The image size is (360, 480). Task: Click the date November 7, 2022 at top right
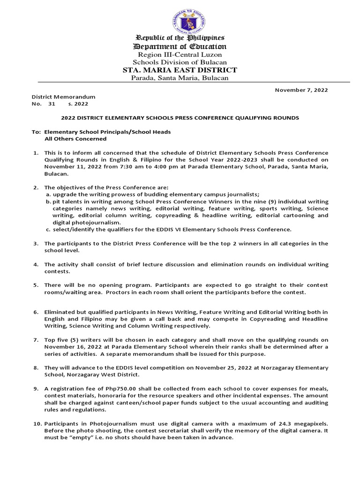click(x=301, y=90)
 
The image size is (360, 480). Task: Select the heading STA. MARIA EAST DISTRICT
click(x=180, y=70)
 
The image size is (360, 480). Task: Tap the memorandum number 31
click(x=52, y=104)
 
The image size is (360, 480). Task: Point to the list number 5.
click(x=36, y=285)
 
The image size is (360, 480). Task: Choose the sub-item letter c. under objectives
click(x=48, y=229)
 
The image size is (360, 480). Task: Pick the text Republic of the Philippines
click(x=180, y=37)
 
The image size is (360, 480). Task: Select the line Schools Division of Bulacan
click(x=180, y=62)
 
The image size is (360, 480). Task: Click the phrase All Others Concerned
click(x=75, y=139)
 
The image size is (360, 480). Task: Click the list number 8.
click(x=36, y=367)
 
